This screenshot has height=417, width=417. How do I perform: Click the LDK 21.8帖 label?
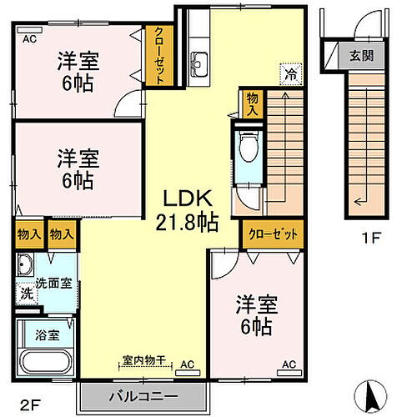coord(189,211)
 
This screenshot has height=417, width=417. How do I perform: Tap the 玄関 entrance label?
coord(361,57)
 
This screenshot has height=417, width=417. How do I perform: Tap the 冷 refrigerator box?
coord(289,73)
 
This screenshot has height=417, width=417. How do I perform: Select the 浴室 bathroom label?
coord(46,336)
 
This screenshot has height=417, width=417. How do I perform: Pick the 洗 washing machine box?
coord(26,294)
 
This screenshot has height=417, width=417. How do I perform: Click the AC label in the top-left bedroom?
coord(29,38)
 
